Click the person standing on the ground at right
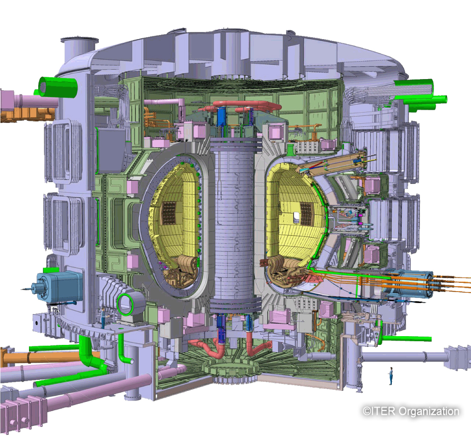click(391, 376)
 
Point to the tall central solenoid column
click(235, 221)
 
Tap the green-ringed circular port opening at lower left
click(126, 304)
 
